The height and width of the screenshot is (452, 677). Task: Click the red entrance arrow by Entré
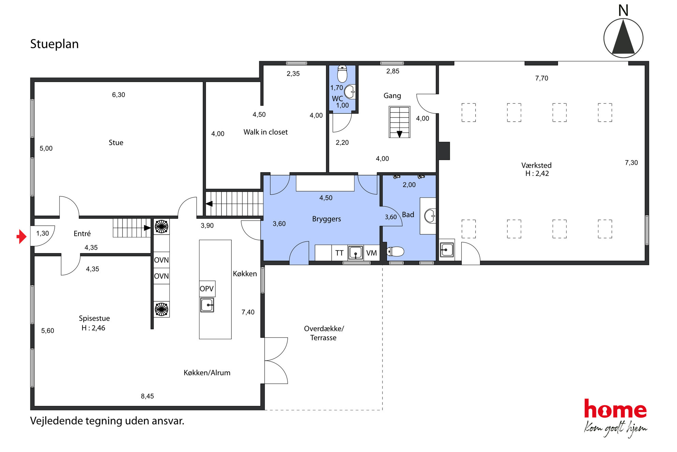tap(22, 236)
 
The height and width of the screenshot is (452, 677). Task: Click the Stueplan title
tap(54, 44)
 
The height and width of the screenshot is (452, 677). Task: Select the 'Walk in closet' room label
tap(265, 132)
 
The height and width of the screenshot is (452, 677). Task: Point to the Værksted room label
tap(536, 165)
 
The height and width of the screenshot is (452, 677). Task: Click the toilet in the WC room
tap(342, 74)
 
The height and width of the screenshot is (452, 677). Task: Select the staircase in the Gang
tap(400, 122)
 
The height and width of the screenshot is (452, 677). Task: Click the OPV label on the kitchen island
tap(207, 289)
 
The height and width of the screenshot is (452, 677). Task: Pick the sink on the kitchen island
tap(207, 305)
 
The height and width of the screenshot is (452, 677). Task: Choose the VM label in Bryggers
tap(372, 253)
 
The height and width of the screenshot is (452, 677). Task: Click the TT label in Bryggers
tap(339, 253)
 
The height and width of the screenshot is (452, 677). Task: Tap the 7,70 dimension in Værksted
tap(542, 78)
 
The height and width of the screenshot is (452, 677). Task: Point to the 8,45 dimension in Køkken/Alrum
tap(147, 396)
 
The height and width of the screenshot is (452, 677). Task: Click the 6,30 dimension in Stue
tap(118, 95)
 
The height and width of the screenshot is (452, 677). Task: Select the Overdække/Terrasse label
tap(324, 333)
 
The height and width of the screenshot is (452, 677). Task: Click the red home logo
tap(615, 409)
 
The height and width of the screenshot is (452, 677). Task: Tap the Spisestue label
tap(95, 318)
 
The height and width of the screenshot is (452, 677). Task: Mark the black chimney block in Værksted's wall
tap(444, 151)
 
